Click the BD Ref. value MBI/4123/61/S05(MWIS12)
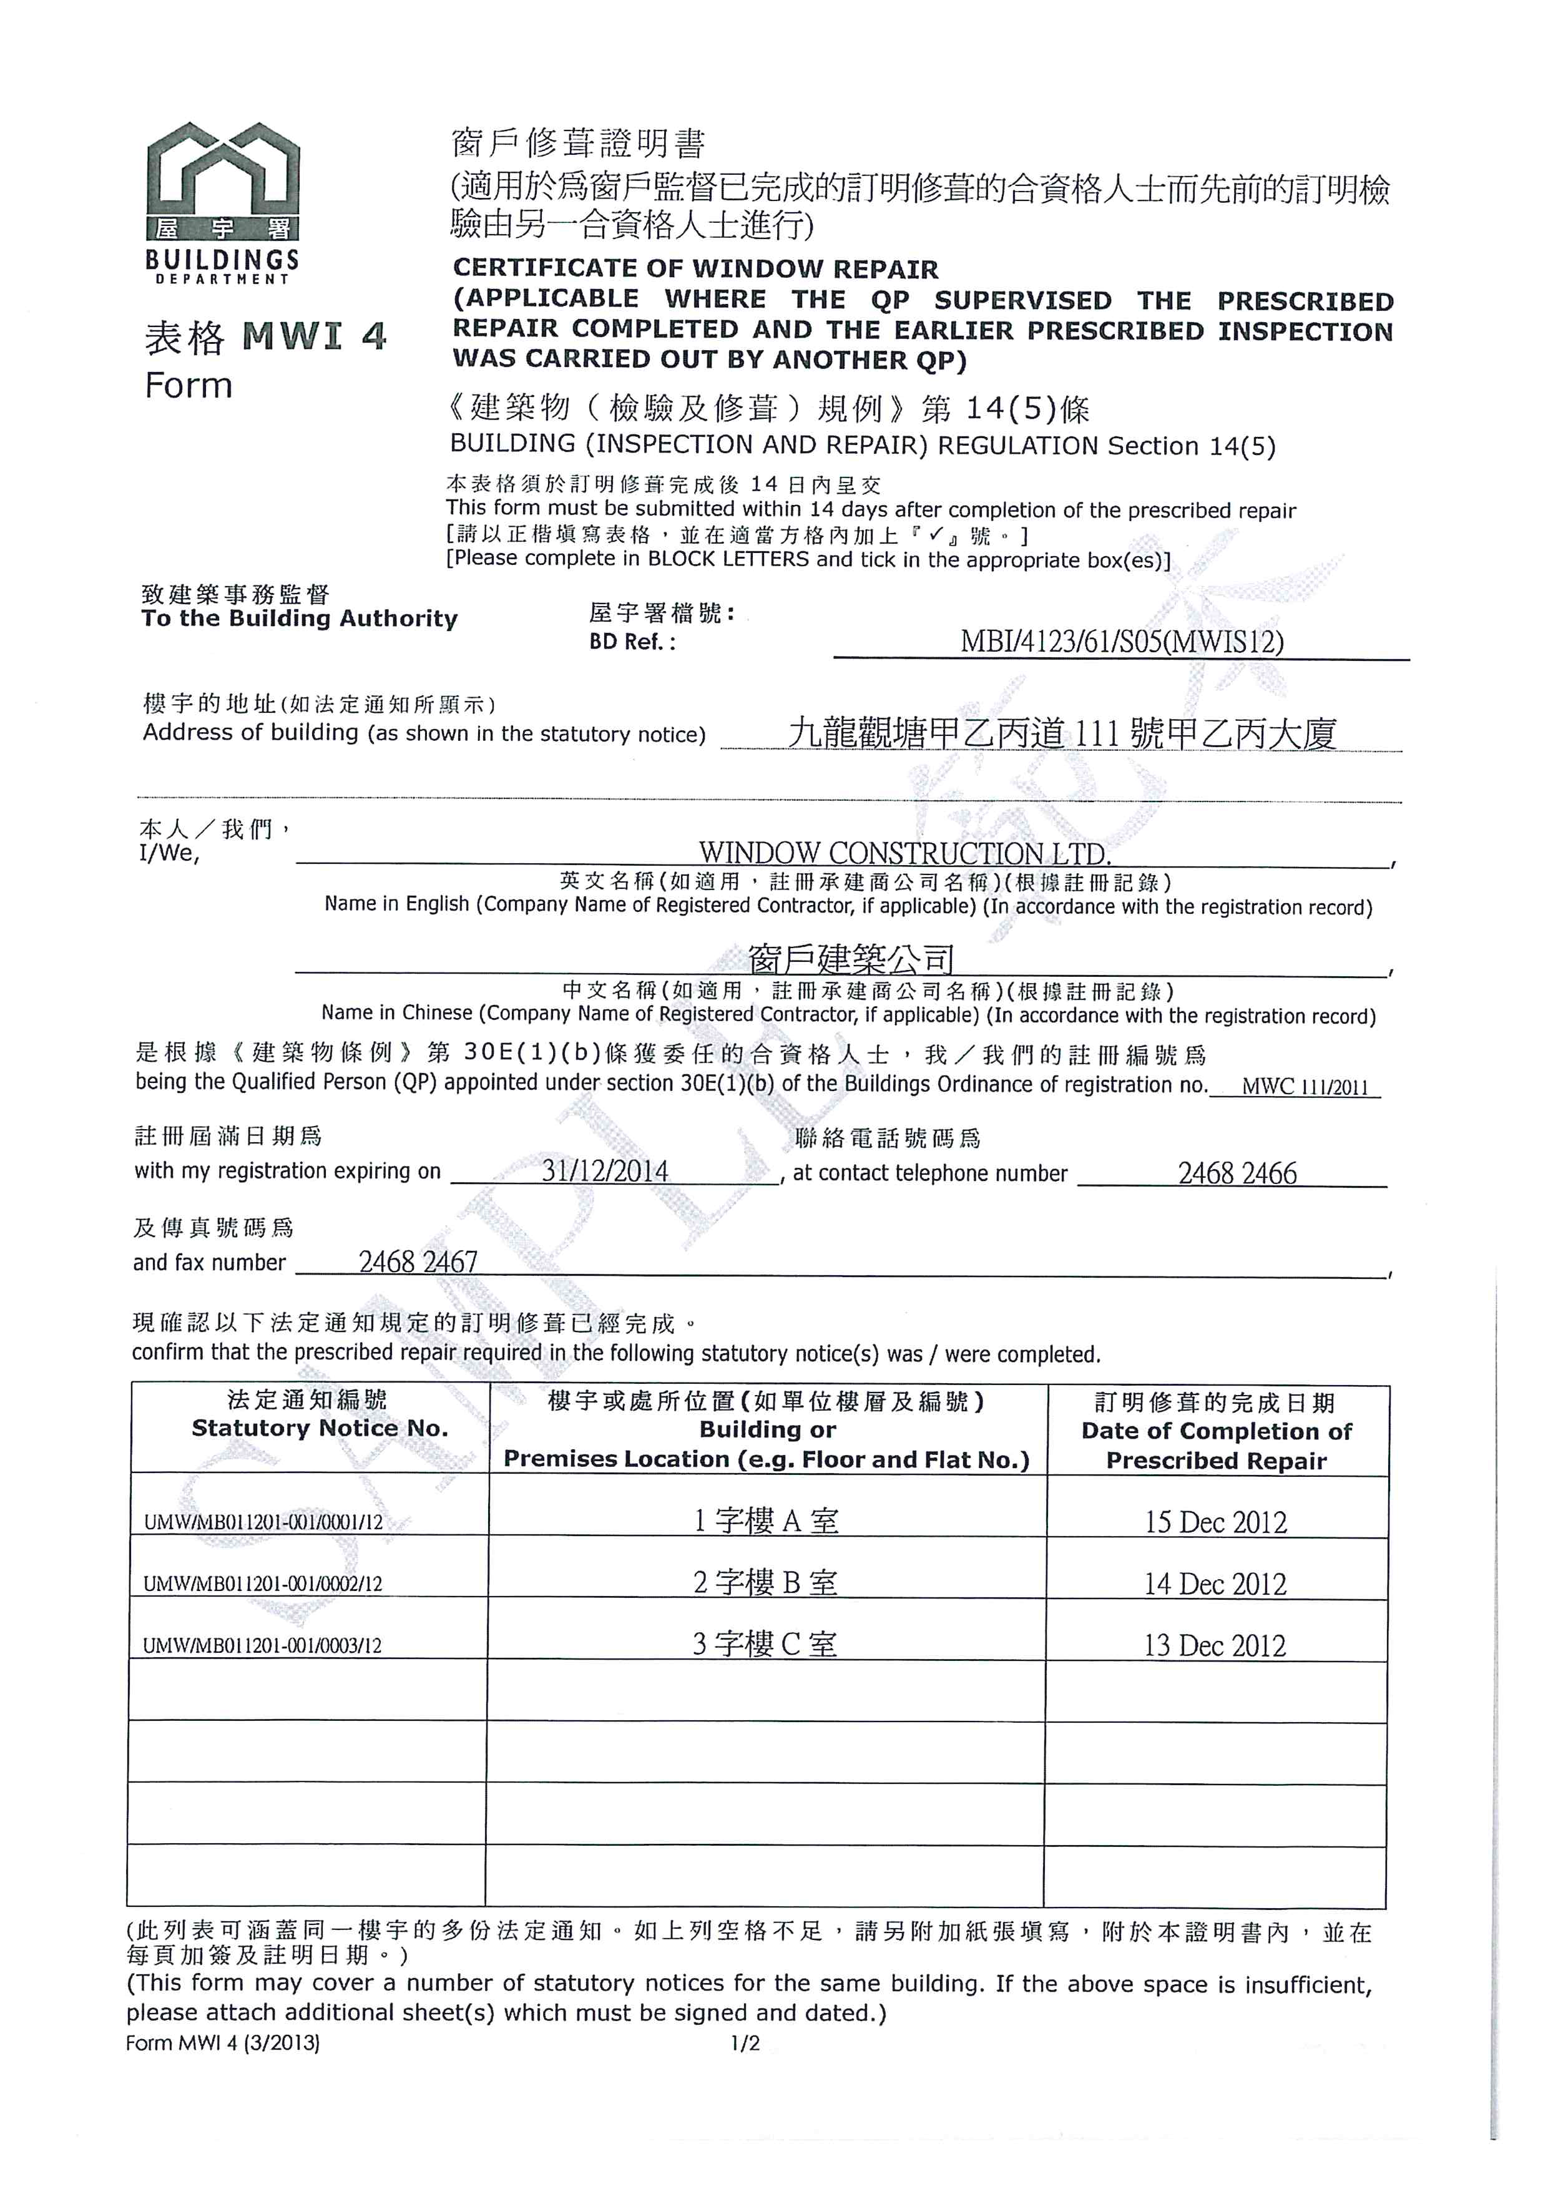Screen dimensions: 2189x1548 [x=1121, y=642]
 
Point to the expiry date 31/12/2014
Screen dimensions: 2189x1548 [x=605, y=1171]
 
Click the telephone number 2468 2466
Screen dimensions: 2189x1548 [x=1237, y=1173]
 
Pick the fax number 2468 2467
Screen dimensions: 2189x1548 [x=418, y=1261]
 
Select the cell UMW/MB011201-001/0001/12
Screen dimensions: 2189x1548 [x=263, y=1522]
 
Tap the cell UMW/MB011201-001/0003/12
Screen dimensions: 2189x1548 [x=262, y=1645]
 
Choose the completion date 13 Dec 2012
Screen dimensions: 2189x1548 [x=1215, y=1645]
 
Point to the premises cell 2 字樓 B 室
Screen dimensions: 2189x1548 [x=765, y=1583]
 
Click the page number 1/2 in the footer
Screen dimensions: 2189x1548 [x=745, y=2043]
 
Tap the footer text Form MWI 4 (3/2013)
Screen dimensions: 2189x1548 [x=222, y=2043]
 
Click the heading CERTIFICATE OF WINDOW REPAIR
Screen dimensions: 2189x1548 [x=695, y=269]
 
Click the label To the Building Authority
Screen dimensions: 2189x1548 [x=300, y=619]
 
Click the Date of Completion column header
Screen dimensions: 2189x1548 [x=1217, y=1431]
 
